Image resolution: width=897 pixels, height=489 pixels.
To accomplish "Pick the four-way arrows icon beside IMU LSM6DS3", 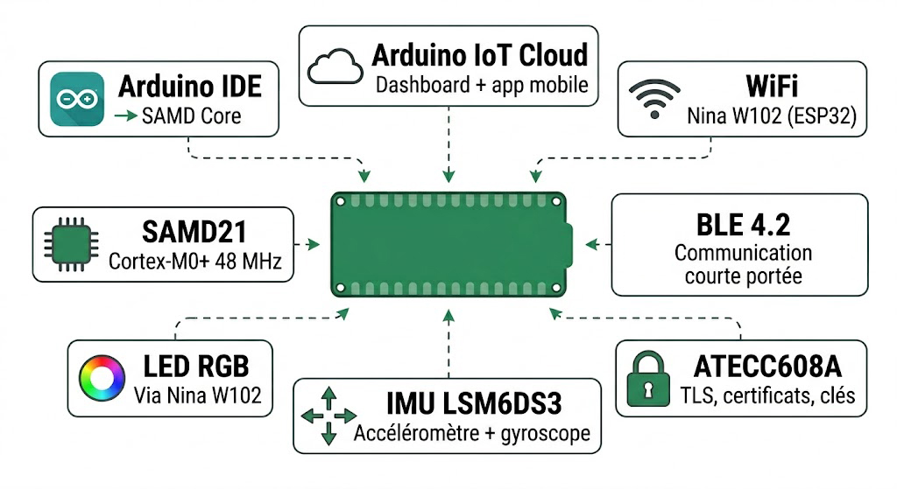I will click(x=328, y=416).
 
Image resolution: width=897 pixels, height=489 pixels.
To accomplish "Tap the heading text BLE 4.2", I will click(x=743, y=225).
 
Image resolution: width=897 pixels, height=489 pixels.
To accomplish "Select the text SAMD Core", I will click(x=191, y=115).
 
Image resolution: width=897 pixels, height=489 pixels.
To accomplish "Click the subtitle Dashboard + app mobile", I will click(x=482, y=86).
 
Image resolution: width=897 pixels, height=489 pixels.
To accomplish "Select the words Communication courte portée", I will click(x=743, y=264).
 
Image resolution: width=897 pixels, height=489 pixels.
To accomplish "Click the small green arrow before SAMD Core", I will click(x=127, y=115).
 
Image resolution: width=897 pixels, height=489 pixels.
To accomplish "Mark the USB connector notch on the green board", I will click(x=568, y=244).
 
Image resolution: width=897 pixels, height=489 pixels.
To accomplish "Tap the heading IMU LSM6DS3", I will click(x=473, y=403).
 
